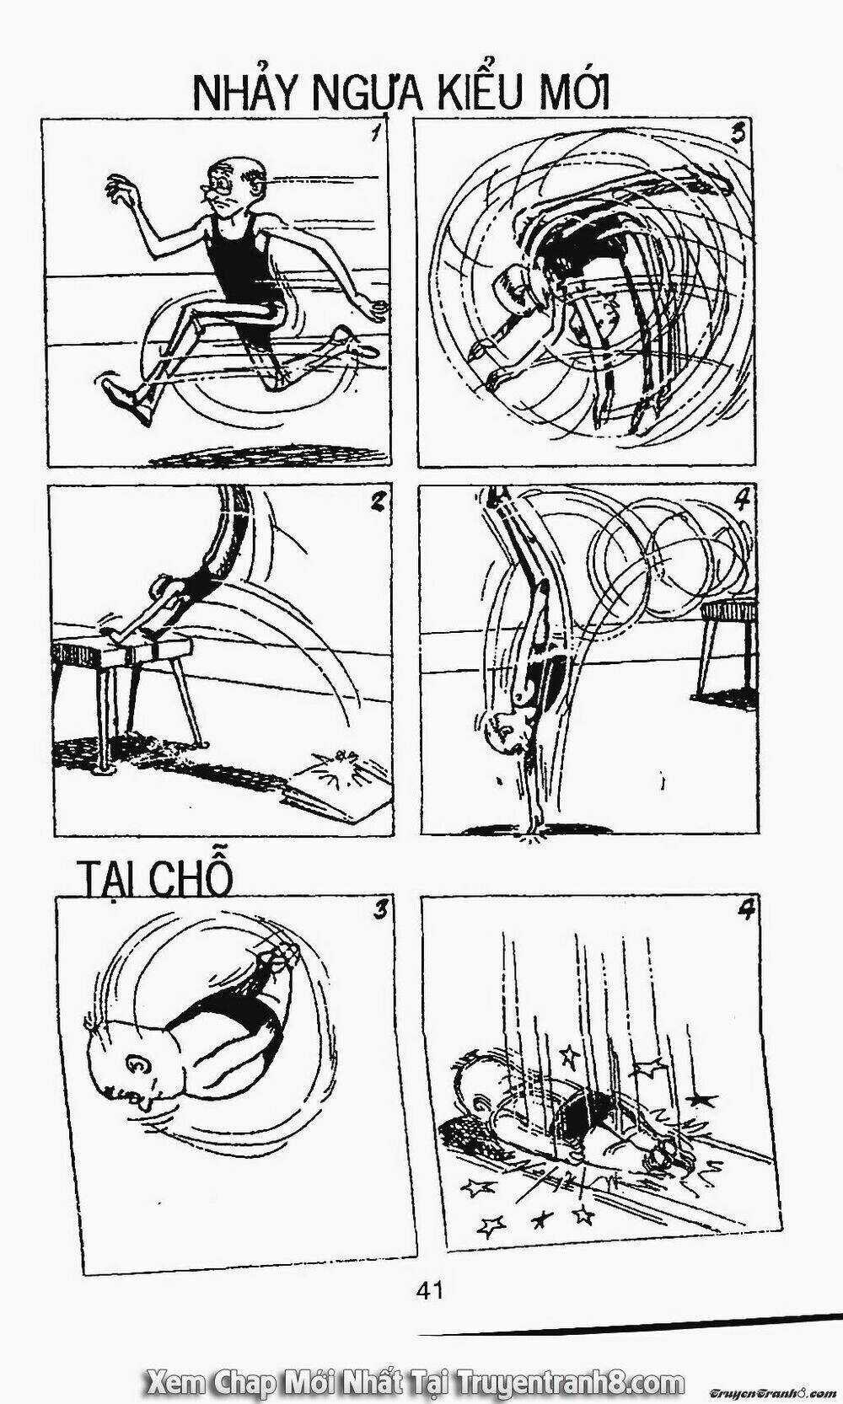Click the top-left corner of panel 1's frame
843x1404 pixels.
click(x=43, y=119)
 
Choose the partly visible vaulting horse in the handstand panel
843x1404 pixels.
click(x=727, y=652)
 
